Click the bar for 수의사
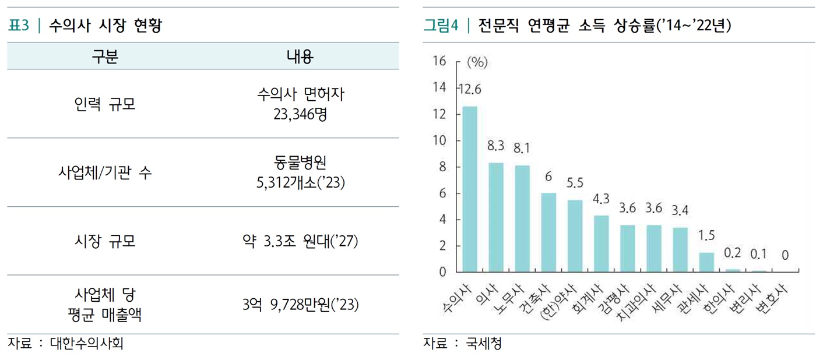pyautogui.click(x=470, y=189)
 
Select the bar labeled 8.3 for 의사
pyautogui.click(x=496, y=217)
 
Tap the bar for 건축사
pyautogui.click(x=548, y=232)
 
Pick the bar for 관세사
pyautogui.click(x=706, y=262)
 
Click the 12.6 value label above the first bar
pyautogui.click(x=470, y=89)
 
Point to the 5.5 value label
pyautogui.click(x=575, y=183)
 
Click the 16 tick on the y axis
pyautogui.click(x=438, y=61)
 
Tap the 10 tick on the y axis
pyautogui.click(x=438, y=140)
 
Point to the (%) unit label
pyautogui.click(x=477, y=62)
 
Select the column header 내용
pyautogui.click(x=300, y=56)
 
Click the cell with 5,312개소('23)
pyautogui.click(x=300, y=183)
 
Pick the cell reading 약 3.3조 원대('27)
pyautogui.click(x=300, y=241)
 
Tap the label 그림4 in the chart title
pyautogui.click(x=441, y=26)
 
